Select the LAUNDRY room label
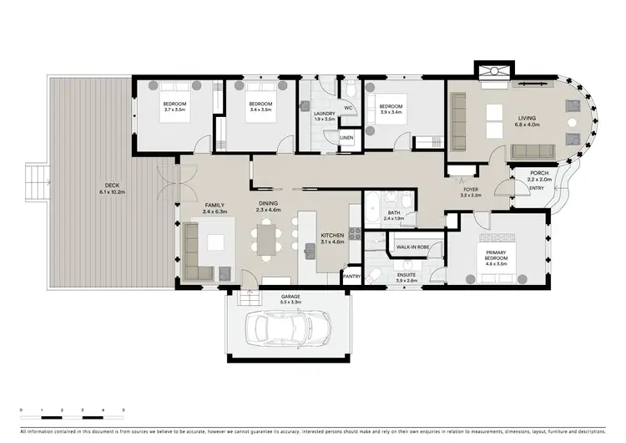324,114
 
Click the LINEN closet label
346,136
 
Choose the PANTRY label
351,276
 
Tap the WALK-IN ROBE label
413,247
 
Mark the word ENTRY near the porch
537,189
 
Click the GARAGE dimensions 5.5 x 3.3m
290,302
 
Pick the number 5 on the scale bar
124,410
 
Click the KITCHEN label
332,236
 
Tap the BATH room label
393,213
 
